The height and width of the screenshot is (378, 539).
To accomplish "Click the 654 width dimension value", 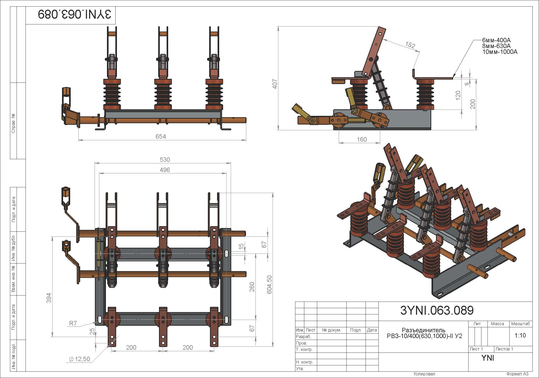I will coord(161,137).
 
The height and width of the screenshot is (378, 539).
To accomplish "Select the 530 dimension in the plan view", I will coord(165,160).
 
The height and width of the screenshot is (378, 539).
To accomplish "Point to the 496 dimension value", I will coord(165,170).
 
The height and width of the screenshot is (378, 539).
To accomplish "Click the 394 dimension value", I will coord(49,298).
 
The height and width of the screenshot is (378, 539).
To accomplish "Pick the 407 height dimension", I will coord(275,84).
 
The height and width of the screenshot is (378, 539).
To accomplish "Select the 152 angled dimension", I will coord(410,45).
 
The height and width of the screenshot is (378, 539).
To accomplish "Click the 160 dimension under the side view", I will coord(362,139).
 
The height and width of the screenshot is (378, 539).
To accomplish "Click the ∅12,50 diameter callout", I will coord(80,359).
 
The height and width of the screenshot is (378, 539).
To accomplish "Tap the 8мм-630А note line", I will coord(496,46).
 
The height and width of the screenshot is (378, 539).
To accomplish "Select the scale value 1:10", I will coord(520,335).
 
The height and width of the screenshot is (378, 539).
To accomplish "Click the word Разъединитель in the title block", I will coord(424,330).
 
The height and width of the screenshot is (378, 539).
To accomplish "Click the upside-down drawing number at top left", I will coord(74,14).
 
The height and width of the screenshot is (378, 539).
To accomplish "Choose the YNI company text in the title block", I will coord(487,358).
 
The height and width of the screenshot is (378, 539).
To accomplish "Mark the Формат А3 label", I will coord(517,374).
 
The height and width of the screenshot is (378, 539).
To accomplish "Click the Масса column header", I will coord(497,324).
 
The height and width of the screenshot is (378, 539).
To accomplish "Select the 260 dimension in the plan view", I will coord(252,287).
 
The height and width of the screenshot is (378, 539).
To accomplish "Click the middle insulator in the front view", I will coord(163,94).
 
